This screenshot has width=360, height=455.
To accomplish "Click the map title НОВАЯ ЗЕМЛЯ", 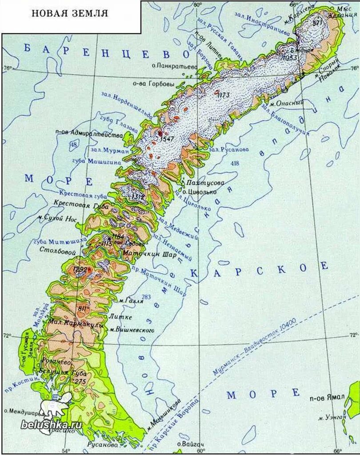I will point(69,13).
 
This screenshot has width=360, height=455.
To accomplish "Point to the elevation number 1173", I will point(224,95).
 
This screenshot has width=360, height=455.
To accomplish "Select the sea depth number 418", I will point(235,164).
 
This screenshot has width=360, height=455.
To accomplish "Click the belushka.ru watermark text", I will point(51,423).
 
